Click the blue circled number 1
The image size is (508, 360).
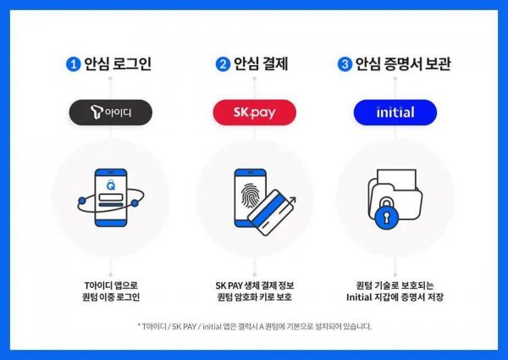pyautogui.click(x=73, y=64)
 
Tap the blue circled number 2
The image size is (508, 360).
pyautogui.click(x=223, y=64)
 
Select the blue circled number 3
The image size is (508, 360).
pyautogui.click(x=345, y=64)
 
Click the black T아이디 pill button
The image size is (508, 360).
pyautogui.click(x=110, y=113)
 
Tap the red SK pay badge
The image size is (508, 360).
pyautogui.click(x=255, y=113)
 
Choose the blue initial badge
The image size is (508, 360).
pyautogui.click(x=395, y=113)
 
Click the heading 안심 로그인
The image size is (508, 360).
pyautogui.click(x=118, y=64)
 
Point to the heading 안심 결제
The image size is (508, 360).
pyautogui.click(x=261, y=64)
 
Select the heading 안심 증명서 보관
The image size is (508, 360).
pyautogui.click(x=403, y=64)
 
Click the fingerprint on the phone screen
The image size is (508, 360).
pyautogui.click(x=251, y=196)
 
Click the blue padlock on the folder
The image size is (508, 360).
pyautogui.click(x=386, y=214)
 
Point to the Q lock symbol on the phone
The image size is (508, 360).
pyautogui.click(x=111, y=185)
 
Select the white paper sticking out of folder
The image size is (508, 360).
pyautogui.click(x=397, y=180)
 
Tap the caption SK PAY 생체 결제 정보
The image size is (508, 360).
pyautogui.click(x=255, y=285)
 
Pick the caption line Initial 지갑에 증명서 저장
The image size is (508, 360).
pyautogui.click(x=395, y=296)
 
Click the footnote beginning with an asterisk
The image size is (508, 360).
pyautogui.click(x=255, y=326)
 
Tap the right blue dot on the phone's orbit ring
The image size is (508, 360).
pyautogui.click(x=135, y=203)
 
